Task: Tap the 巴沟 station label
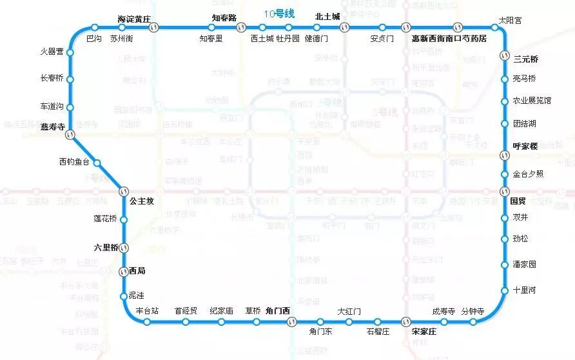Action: point(93,39)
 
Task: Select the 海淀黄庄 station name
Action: point(133,17)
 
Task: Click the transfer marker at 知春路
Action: point(240,27)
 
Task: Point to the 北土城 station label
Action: point(327,17)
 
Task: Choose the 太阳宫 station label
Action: point(511,21)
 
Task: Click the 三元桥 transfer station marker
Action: point(505,56)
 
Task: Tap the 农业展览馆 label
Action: point(531,101)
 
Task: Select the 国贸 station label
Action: point(518,201)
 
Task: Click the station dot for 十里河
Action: point(505,290)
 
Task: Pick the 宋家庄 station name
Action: point(424,332)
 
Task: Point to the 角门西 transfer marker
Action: point(291,321)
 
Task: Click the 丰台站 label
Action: point(148,310)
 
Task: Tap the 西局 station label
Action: point(137,271)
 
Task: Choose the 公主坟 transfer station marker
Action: point(124,191)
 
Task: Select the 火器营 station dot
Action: point(70,52)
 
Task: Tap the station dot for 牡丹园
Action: point(288,27)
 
